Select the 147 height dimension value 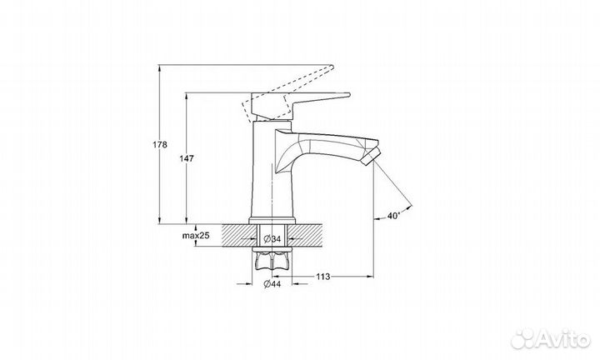point(187,158)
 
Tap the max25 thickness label point(196,236)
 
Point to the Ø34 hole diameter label point(272,239)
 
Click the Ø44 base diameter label point(272,284)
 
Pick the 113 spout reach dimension point(323,276)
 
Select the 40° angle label point(393,216)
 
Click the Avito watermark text point(562,338)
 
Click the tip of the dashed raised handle point(332,67)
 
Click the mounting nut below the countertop point(272,263)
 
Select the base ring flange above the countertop point(272,221)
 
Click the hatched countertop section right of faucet point(306,236)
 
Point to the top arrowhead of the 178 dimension point(160,68)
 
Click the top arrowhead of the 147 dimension point(186,96)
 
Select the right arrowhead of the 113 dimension point(370,276)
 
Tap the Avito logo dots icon point(522,338)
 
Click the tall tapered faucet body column point(272,169)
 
